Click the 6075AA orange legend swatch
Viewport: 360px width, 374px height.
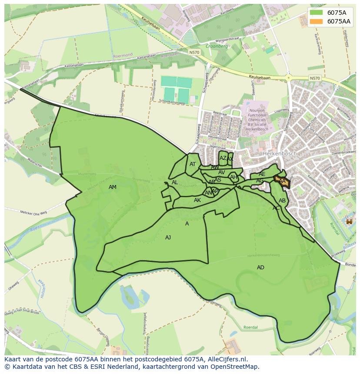tap(317, 21)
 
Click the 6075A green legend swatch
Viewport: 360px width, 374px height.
tap(317, 13)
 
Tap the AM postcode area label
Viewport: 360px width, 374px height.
tap(113, 187)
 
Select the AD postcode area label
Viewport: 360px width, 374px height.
tap(260, 268)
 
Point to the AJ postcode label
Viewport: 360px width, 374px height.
tap(168, 238)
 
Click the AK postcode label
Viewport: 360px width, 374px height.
tap(197, 200)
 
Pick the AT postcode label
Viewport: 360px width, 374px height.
tap(193, 164)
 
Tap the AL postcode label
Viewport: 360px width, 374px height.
tap(175, 182)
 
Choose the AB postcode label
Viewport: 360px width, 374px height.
tap(282, 201)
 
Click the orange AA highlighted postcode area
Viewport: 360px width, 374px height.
tap(282, 181)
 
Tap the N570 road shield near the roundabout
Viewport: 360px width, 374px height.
tap(315, 78)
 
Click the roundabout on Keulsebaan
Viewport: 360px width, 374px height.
tap(288, 78)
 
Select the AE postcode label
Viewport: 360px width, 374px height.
tap(262, 174)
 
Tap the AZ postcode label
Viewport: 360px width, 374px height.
tap(223, 158)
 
